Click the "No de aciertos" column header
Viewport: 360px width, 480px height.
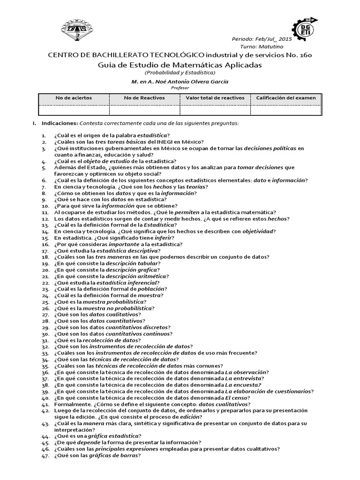tap(74, 98)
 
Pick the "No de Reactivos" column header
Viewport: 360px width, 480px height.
tap(144, 98)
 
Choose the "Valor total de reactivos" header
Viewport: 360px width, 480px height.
tap(215, 98)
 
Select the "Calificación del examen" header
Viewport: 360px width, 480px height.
tap(286, 98)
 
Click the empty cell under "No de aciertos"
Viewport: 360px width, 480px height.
tap(74, 110)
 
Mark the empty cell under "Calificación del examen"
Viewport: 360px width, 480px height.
tap(286, 110)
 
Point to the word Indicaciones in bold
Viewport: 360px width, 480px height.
tap(60, 123)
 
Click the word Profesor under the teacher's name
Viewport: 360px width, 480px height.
tap(180, 87)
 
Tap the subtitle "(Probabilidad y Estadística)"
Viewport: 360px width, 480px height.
tap(180, 73)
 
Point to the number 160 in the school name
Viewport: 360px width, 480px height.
tap(303, 55)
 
